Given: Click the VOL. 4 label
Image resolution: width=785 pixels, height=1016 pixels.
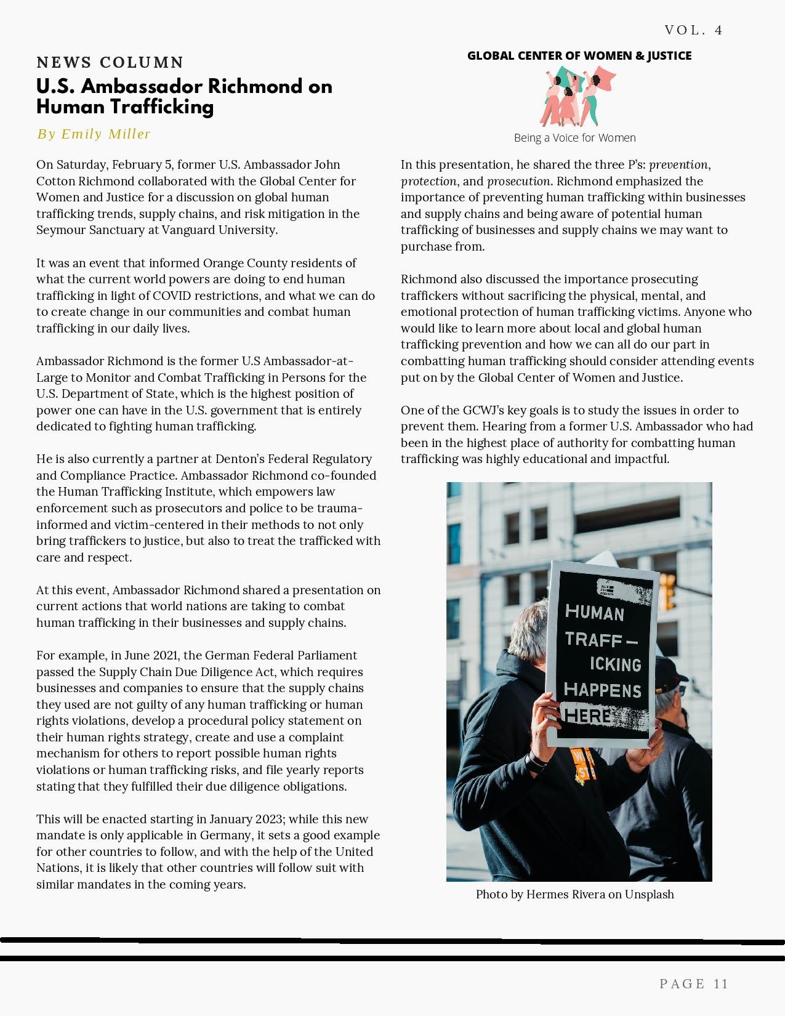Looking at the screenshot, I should [693, 30].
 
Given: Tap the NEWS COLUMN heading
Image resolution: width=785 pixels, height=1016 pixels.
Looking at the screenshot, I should [110, 63].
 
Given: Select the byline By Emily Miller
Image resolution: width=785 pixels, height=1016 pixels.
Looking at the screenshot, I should [94, 134].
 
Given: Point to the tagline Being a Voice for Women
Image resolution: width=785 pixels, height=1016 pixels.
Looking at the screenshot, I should [574, 138].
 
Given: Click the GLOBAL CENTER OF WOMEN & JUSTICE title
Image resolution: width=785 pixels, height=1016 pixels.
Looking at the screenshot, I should [579, 56].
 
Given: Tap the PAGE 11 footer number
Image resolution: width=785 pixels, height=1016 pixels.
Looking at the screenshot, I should [693, 984].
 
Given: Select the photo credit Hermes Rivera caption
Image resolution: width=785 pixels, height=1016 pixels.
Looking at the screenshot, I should [574, 895].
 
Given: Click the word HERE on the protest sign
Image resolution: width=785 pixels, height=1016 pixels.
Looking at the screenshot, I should [588, 716].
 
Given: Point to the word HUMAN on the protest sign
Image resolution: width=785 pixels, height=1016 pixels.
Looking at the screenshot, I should [594, 613].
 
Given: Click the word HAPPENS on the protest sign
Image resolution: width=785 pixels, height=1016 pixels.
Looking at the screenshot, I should [602, 690].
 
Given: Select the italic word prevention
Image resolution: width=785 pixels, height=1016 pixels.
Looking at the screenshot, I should [678, 165].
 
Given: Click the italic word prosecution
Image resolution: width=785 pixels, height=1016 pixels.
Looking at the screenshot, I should [518, 182].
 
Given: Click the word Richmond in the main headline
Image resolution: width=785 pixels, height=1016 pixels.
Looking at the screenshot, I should [254, 86].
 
